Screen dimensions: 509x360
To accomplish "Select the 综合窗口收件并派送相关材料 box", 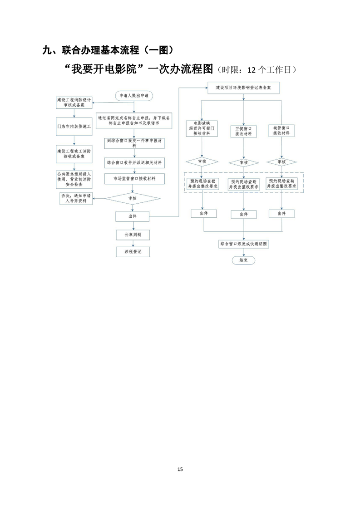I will coord(133,162).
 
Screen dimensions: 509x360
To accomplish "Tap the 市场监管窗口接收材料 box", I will coord(133,179).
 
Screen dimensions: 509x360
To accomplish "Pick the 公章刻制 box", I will coord(133,235).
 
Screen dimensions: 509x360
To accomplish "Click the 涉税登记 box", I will coord(133,251).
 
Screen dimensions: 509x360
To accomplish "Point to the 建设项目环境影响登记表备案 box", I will coord(244,87).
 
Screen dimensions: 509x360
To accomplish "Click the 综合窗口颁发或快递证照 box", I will coord(244,244).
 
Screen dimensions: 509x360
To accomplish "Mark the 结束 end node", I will coord(244,260).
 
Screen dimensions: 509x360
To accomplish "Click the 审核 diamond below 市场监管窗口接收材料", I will coord(133,198).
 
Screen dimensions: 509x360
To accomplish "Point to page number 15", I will coord(180,469).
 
